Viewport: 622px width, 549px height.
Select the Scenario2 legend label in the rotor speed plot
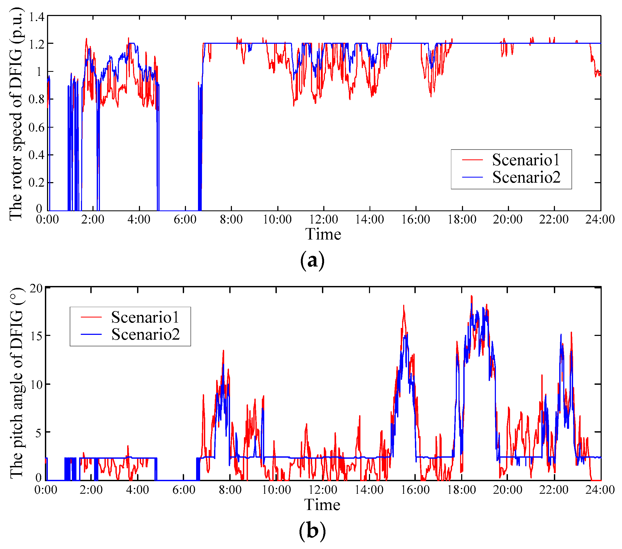pyautogui.click(x=526, y=177)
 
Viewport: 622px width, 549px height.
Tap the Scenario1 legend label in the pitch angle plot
pyautogui.click(x=145, y=317)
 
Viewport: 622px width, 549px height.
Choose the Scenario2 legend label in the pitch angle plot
pyautogui.click(x=145, y=334)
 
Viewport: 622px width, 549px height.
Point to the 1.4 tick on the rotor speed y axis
pyautogui.click(x=37, y=17)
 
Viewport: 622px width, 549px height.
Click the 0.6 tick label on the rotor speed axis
pyautogui.click(x=37, y=127)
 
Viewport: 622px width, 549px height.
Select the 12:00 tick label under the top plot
pyautogui.click(x=324, y=219)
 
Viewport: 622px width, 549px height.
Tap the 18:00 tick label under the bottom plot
pyautogui.click(x=461, y=490)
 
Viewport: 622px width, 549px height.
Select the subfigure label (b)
pyautogui.click(x=312, y=531)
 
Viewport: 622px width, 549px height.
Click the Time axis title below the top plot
pyautogui.click(x=323, y=234)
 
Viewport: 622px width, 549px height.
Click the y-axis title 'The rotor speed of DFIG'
pyautogui.click(x=16, y=113)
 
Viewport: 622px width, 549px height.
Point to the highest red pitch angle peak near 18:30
pyautogui.click(x=471, y=296)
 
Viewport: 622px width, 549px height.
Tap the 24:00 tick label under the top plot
pyautogui.click(x=600, y=219)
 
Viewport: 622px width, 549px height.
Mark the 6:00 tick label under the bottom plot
pyautogui.click(x=184, y=490)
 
